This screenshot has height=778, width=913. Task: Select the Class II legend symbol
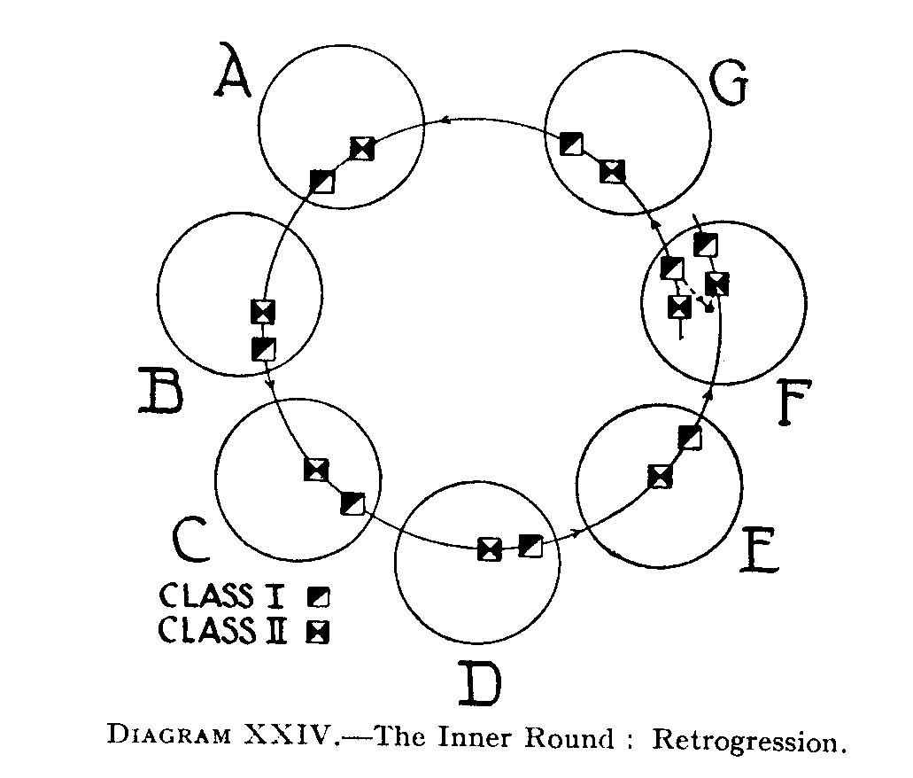[317, 631]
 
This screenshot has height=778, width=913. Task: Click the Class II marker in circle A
[361, 149]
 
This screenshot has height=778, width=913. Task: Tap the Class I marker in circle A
[323, 181]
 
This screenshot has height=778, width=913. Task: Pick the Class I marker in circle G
[572, 143]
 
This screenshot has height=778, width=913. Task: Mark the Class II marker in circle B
[263, 311]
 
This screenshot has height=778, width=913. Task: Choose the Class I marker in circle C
[352, 503]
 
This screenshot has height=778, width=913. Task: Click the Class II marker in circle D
[489, 549]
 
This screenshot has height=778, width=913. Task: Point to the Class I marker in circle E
[689, 437]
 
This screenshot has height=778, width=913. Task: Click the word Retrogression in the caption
[745, 741]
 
